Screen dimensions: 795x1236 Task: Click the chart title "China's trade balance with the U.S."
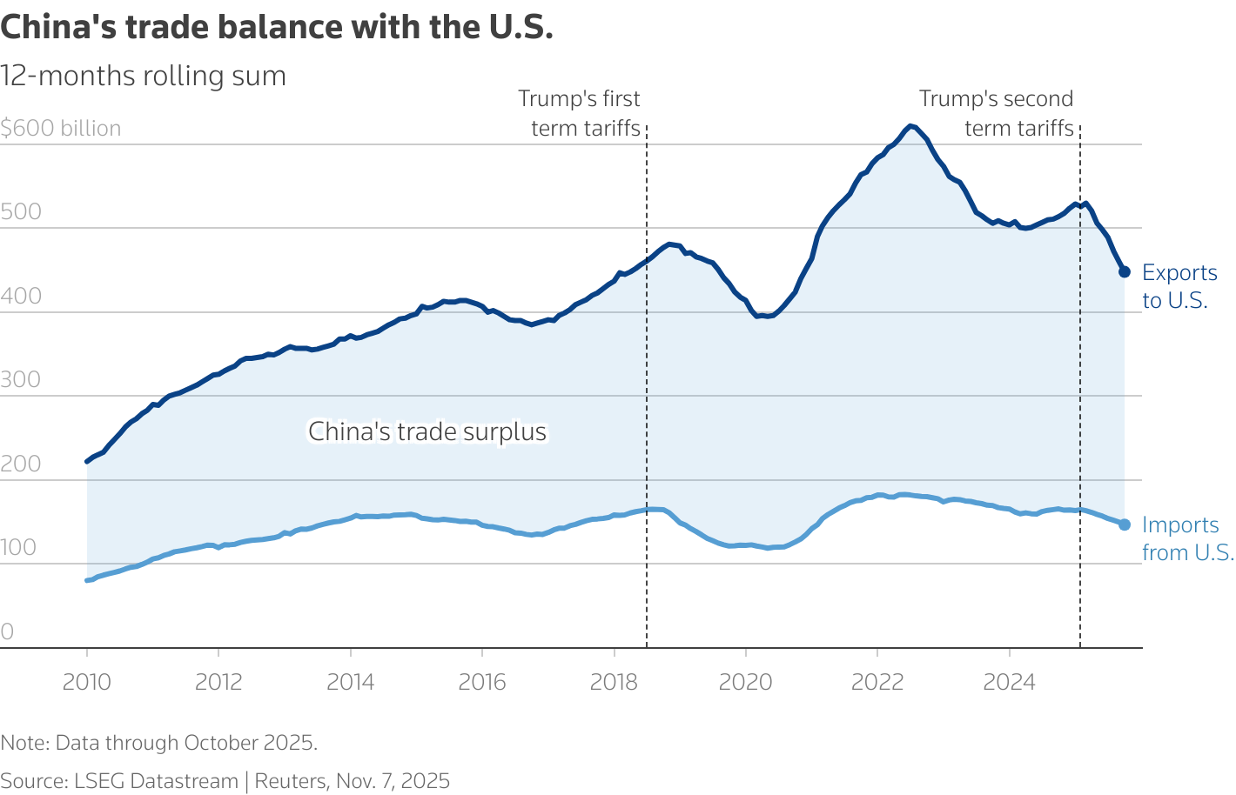click(277, 28)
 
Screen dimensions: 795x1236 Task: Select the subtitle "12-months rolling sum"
click(144, 76)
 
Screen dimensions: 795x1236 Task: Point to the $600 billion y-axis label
click(61, 129)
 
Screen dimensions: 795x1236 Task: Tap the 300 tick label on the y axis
click(21, 379)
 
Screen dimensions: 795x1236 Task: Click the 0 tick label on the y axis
click(8, 631)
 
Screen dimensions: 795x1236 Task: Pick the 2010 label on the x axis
click(87, 682)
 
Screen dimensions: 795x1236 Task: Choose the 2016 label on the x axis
click(482, 682)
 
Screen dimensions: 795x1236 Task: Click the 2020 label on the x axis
click(745, 682)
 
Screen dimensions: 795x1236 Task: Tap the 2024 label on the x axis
click(1009, 682)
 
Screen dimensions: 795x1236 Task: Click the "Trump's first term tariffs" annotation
click(581, 114)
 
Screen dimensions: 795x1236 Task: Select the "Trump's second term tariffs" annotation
click(998, 114)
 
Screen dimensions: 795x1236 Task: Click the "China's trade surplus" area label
click(427, 431)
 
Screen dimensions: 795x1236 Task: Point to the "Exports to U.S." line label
click(1179, 286)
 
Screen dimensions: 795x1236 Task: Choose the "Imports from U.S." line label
click(1187, 538)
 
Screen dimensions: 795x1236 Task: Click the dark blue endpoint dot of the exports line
click(1124, 272)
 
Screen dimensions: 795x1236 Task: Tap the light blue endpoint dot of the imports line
click(1124, 524)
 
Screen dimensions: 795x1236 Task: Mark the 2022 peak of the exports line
click(910, 126)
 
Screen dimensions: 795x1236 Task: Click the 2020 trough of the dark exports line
click(761, 316)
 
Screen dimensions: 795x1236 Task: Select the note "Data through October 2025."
click(158, 743)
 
